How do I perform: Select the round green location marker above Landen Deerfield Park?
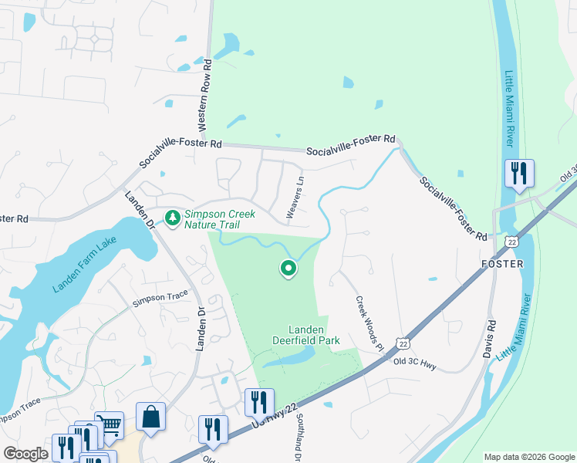[x=288, y=269]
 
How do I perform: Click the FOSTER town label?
[x=501, y=263]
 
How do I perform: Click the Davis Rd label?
[x=489, y=339]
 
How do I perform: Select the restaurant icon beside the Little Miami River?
[x=518, y=173]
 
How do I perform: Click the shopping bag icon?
[x=150, y=417]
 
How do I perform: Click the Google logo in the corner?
[x=25, y=454]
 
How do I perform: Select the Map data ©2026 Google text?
[x=529, y=457]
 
